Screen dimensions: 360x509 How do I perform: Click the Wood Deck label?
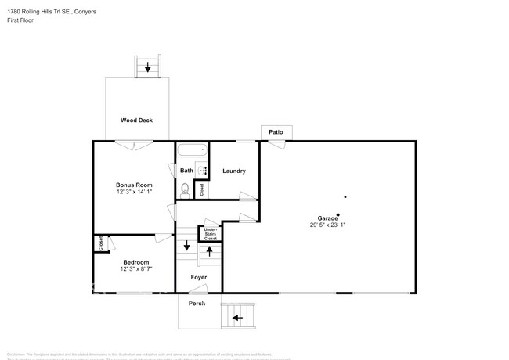[136, 121]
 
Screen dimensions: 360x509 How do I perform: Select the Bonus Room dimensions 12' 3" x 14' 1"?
[133, 192]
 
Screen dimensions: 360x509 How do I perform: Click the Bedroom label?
[135, 261]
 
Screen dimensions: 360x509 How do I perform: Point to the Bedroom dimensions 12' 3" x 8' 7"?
[135, 269]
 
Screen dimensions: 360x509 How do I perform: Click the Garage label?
[327, 218]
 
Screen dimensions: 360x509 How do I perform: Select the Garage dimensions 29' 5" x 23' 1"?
[327, 225]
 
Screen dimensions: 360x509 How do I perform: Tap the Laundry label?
[234, 171]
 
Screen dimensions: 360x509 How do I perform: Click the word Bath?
[186, 171]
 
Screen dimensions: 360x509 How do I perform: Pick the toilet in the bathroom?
[186, 189]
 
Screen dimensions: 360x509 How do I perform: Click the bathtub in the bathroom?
[192, 150]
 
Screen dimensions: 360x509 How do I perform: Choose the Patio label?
[276, 132]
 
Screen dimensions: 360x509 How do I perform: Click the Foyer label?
[199, 277]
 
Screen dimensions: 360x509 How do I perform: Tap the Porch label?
[197, 304]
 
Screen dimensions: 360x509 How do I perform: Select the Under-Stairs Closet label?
[211, 232]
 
